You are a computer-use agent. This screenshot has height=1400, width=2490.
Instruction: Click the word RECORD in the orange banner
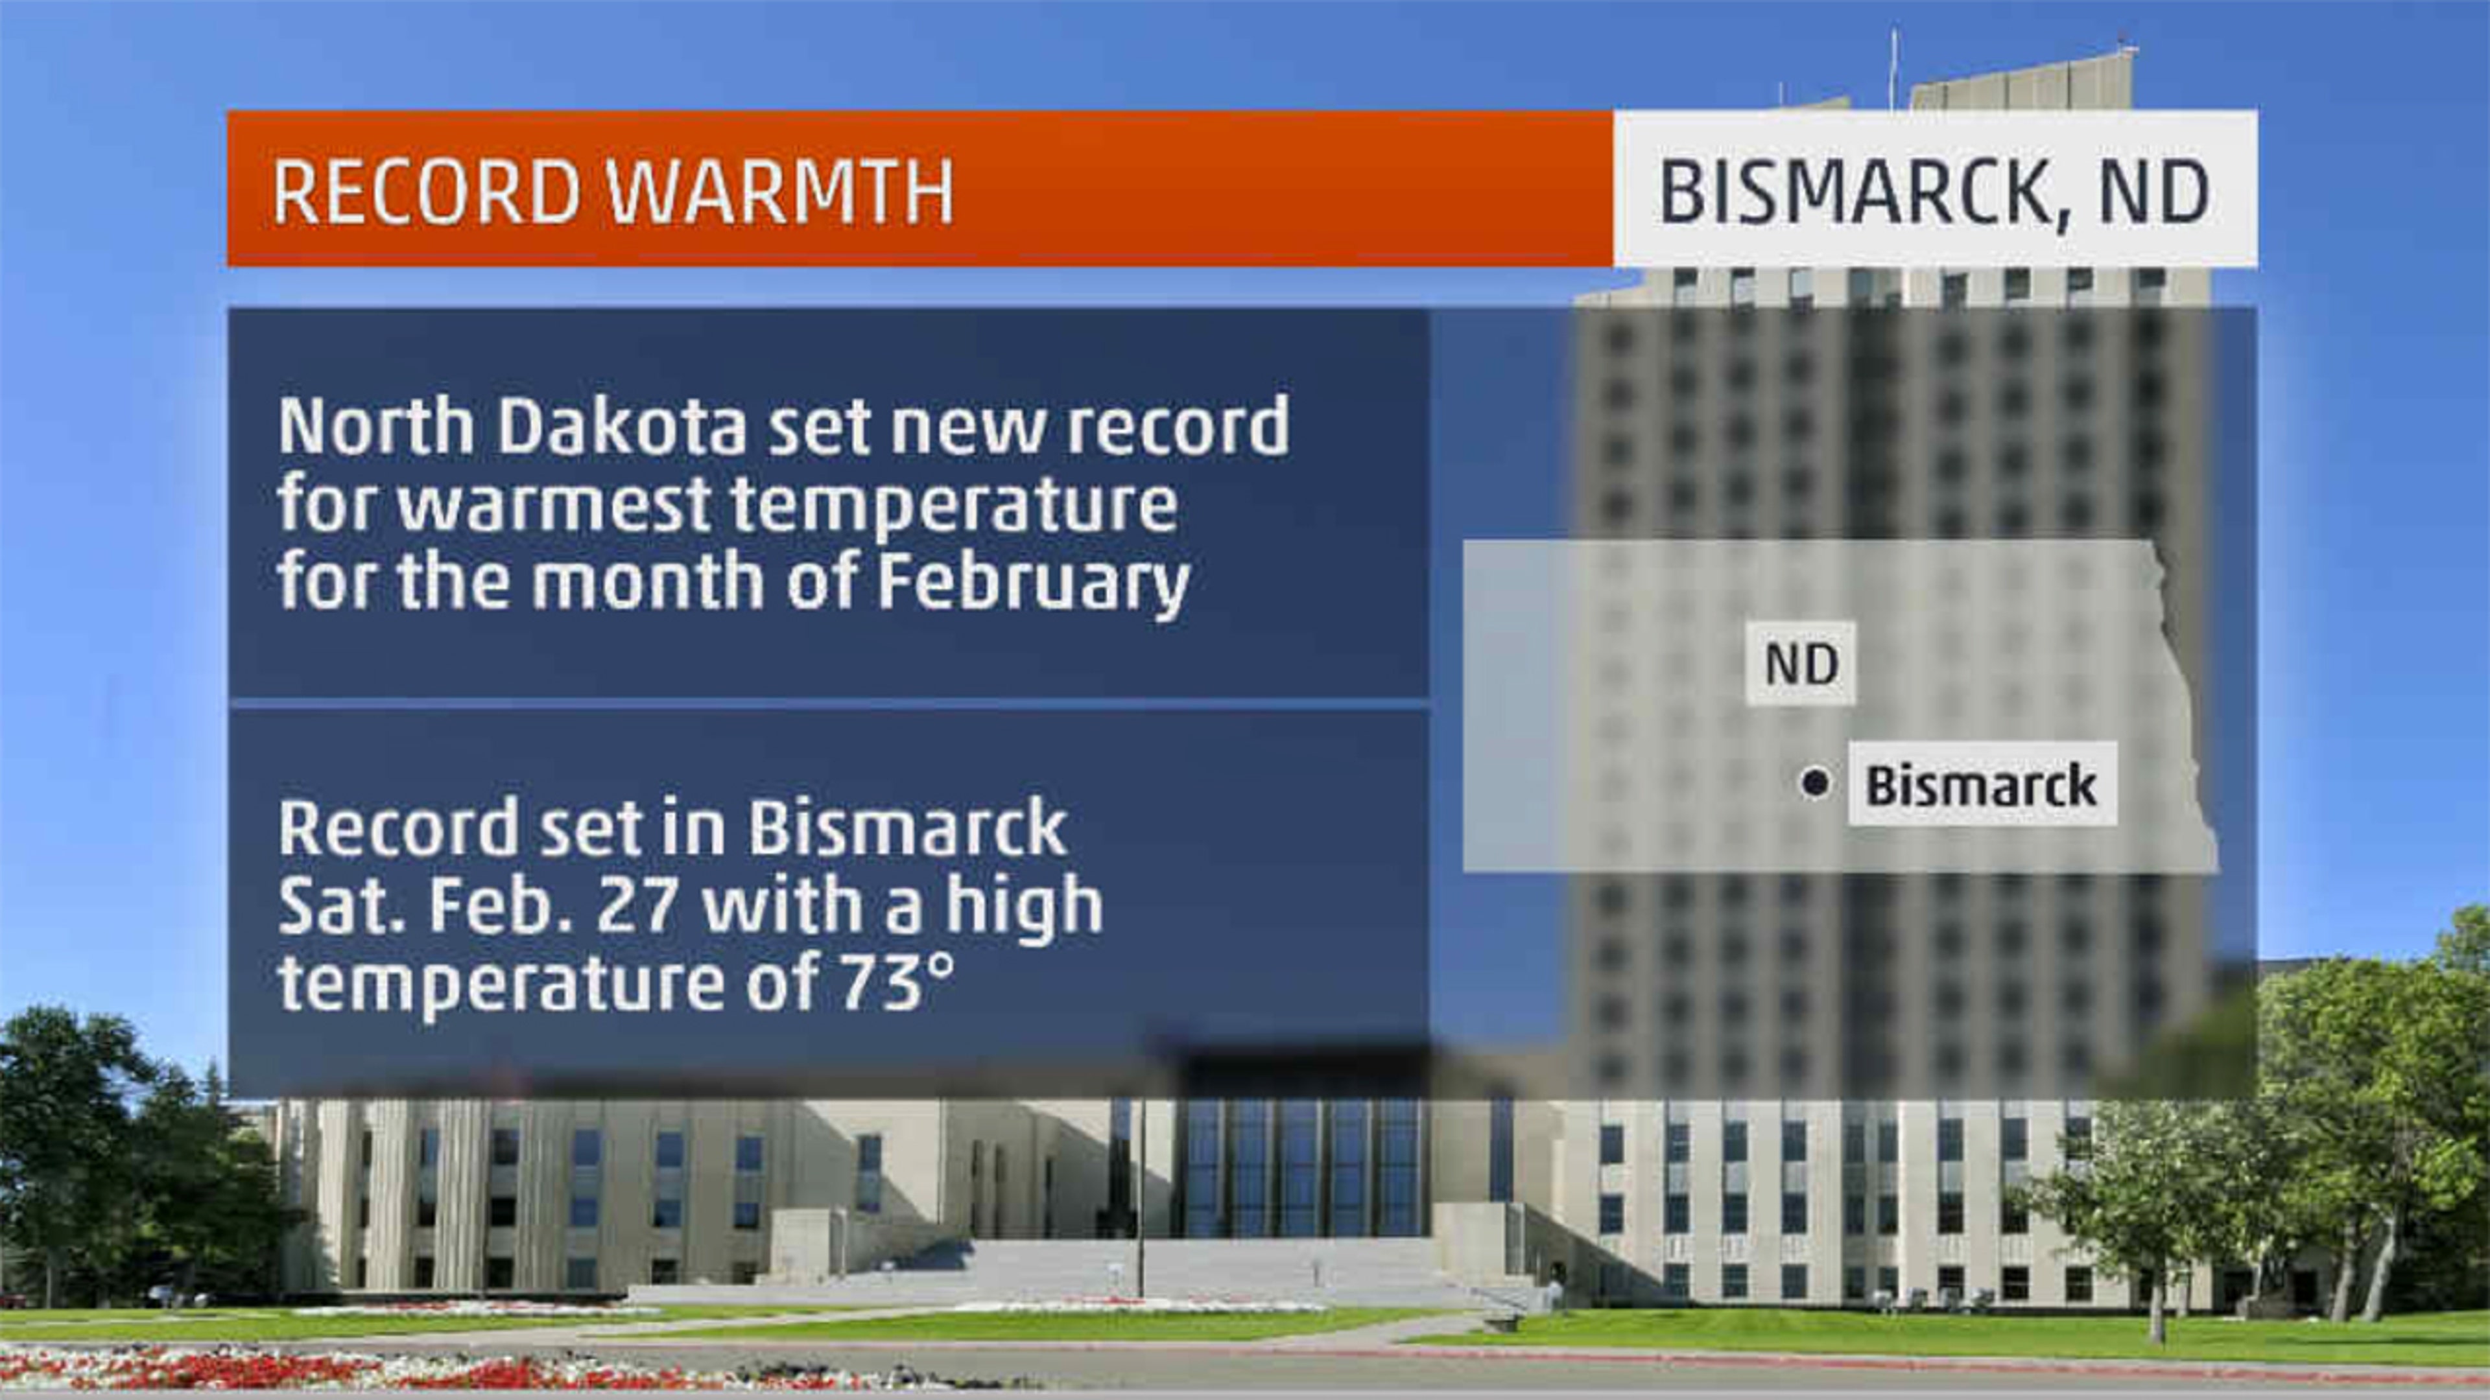coord(425,191)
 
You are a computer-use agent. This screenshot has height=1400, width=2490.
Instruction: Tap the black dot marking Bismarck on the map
coord(1814,782)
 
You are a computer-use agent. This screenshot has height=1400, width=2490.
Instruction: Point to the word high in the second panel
coord(1024,906)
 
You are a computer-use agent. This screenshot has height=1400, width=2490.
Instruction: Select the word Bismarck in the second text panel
coord(907,828)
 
